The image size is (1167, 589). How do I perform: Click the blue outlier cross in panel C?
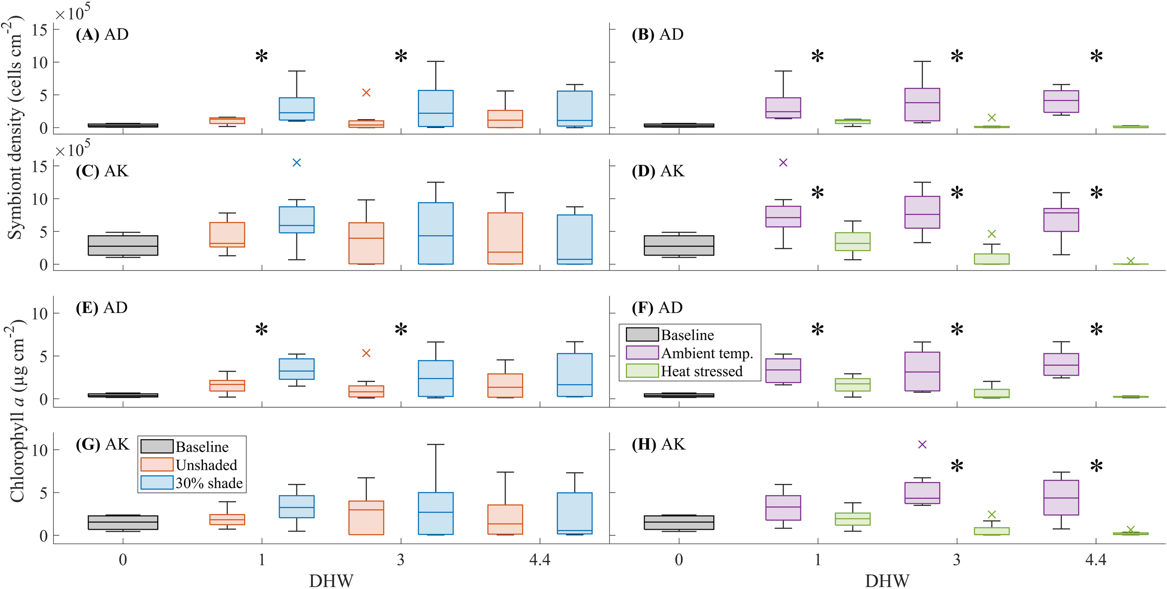pyautogui.click(x=296, y=163)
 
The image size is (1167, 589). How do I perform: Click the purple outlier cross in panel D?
pyautogui.click(x=783, y=163)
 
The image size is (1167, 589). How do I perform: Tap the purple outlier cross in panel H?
pyautogui.click(x=922, y=444)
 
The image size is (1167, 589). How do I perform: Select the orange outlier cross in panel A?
pyautogui.click(x=366, y=92)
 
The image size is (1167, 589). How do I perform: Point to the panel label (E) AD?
pyautogui.click(x=102, y=307)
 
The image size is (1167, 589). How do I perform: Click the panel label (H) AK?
pyautogui.click(x=658, y=444)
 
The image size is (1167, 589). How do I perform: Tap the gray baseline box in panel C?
pyautogui.click(x=123, y=245)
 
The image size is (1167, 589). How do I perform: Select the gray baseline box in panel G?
pyautogui.click(x=123, y=522)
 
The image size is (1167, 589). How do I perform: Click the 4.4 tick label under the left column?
pyautogui.click(x=540, y=560)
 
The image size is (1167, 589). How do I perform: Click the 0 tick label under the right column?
pyautogui.click(x=679, y=560)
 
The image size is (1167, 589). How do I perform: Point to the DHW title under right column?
pyautogui.click(x=887, y=581)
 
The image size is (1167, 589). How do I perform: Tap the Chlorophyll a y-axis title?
pyautogui.click(x=17, y=411)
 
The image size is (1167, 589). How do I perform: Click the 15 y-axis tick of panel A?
pyautogui.click(x=40, y=30)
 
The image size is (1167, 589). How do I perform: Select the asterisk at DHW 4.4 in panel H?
pyautogui.click(x=1096, y=467)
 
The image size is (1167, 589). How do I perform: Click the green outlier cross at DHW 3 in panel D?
pyautogui.click(x=991, y=234)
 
